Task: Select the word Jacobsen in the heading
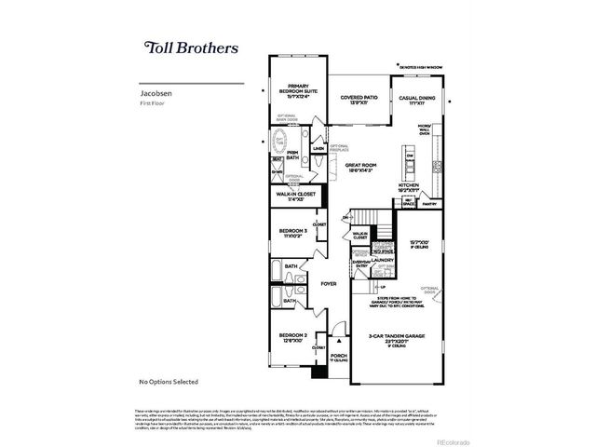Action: tap(156, 94)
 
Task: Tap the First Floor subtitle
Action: tap(153, 102)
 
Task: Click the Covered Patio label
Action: tap(359, 99)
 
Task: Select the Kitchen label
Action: tap(410, 187)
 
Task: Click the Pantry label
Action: tap(429, 203)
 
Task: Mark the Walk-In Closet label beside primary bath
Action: tap(295, 196)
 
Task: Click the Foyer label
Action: tap(329, 283)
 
